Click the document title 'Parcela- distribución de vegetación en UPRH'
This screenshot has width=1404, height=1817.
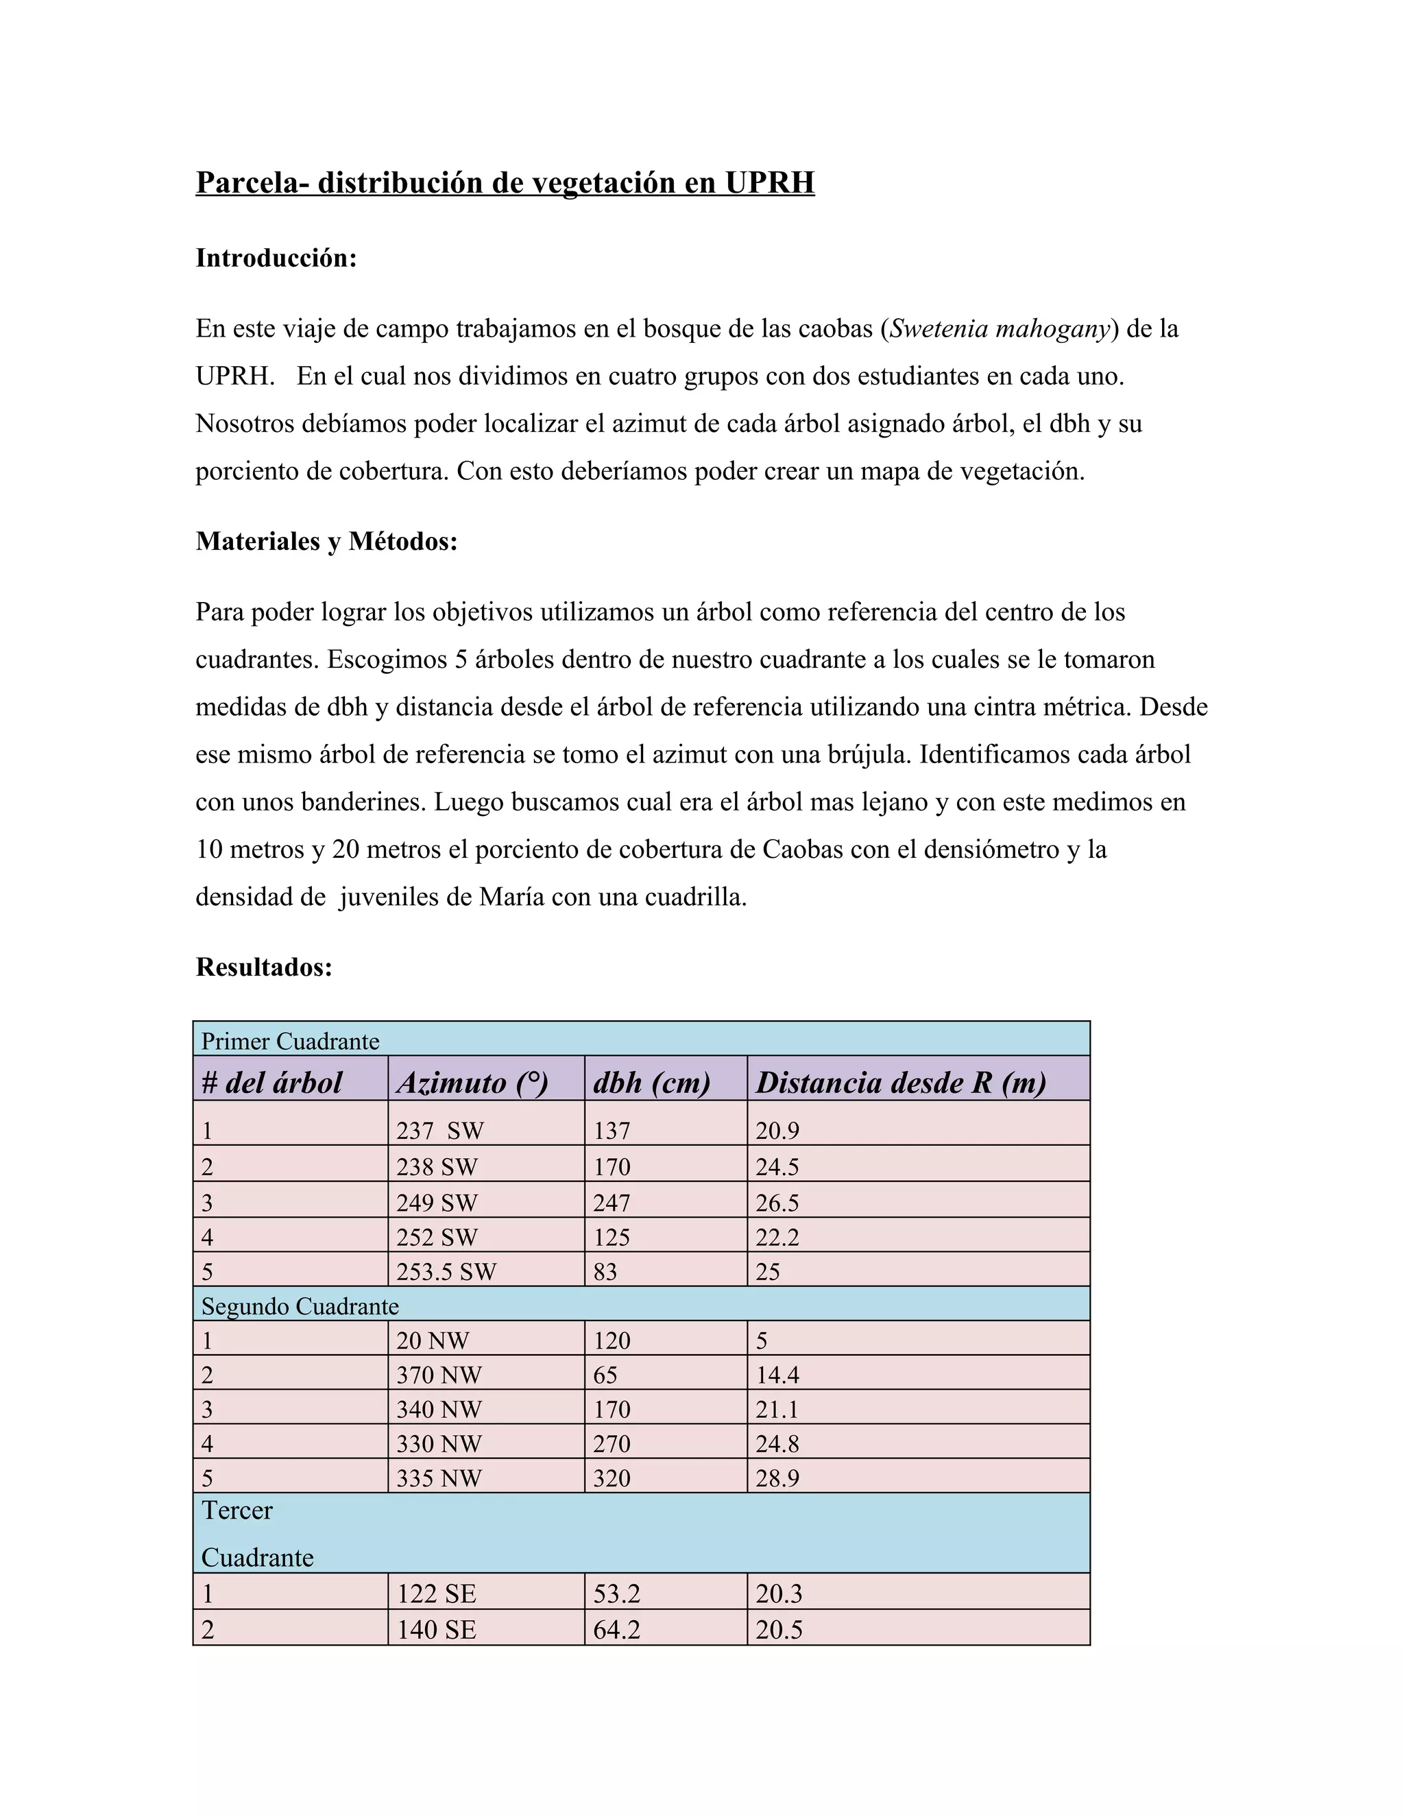pyautogui.click(x=505, y=182)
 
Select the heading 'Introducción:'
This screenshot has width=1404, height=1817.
pyautogui.click(x=276, y=258)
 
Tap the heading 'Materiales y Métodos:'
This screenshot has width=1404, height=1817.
pyautogui.click(x=326, y=542)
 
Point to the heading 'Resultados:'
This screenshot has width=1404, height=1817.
pyautogui.click(x=264, y=967)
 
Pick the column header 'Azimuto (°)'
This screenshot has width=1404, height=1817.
pyautogui.click(x=472, y=1083)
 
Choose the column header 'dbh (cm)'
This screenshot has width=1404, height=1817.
pyautogui.click(x=651, y=1083)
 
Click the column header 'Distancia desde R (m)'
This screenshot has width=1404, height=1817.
pyautogui.click(x=901, y=1083)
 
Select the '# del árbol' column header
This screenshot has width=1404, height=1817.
pyautogui.click(x=272, y=1083)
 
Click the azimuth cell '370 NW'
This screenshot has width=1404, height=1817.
pyautogui.click(x=438, y=1375)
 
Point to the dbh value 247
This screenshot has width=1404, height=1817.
pyautogui.click(x=612, y=1203)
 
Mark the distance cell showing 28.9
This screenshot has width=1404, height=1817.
pyautogui.click(x=777, y=1478)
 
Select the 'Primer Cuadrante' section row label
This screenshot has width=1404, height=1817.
pyautogui.click(x=290, y=1042)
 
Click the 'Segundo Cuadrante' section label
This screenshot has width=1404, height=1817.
pyautogui.click(x=300, y=1306)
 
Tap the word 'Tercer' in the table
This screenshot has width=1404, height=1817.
pyautogui.click(x=237, y=1510)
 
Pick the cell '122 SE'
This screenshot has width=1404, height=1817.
pyautogui.click(x=436, y=1593)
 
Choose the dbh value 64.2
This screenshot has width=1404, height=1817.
pyautogui.click(x=616, y=1629)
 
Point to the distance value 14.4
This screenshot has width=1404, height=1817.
pyautogui.click(x=777, y=1375)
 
